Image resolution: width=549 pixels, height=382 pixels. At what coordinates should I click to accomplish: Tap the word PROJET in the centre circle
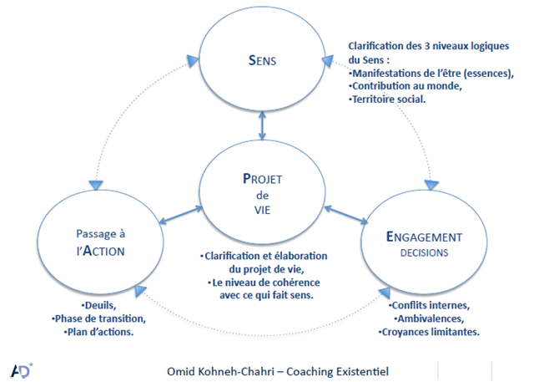pos(264,178)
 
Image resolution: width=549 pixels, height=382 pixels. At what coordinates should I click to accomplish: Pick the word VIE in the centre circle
pos(264,211)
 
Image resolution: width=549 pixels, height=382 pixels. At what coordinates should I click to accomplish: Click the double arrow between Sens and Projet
pos(264,126)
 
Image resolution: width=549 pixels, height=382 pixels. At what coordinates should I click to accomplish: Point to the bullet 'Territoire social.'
pos(390,99)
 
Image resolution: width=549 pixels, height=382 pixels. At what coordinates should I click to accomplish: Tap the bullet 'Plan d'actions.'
pos(102,332)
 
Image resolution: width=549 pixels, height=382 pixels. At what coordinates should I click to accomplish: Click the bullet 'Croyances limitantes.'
pos(431,332)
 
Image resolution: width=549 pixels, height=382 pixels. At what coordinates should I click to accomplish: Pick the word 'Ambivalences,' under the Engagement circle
pos(431,318)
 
